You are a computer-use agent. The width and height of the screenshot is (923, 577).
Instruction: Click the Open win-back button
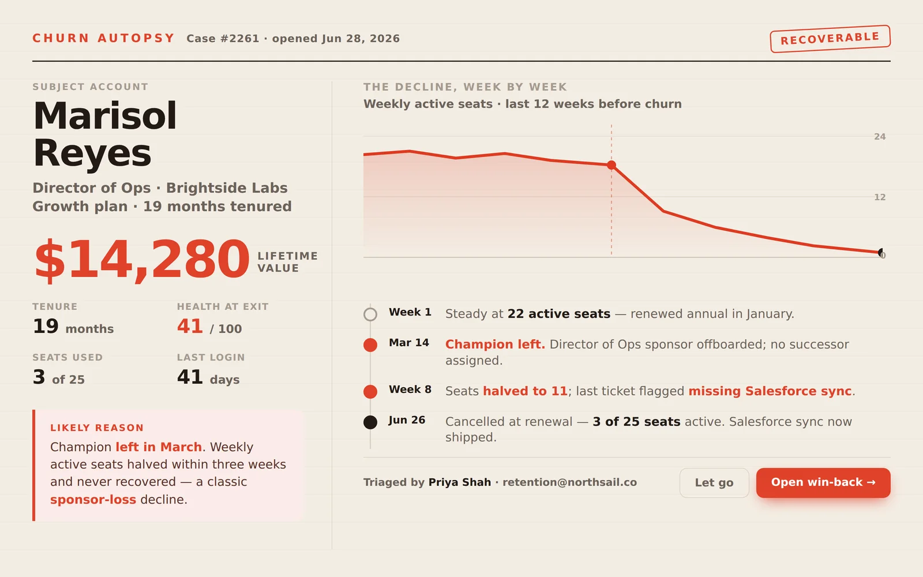[823, 482]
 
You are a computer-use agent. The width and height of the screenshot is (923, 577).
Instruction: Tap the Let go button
[714, 482]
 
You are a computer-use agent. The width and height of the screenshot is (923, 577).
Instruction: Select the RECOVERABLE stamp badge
[830, 39]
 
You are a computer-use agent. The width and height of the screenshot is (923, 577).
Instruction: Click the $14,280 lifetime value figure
[142, 260]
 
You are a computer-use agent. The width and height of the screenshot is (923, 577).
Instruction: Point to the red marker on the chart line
[611, 165]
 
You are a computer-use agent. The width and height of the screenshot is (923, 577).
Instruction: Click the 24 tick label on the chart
[880, 136]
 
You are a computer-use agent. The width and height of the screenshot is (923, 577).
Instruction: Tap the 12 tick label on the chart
[880, 197]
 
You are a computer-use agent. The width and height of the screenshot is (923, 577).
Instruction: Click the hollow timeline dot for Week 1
[370, 314]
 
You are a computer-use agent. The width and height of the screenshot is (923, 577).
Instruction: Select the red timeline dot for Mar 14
[370, 345]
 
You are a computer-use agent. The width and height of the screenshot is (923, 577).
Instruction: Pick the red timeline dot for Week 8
[370, 392]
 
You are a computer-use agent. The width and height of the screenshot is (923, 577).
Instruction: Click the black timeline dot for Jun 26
[370, 422]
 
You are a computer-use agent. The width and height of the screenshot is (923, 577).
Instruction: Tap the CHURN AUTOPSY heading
[104, 38]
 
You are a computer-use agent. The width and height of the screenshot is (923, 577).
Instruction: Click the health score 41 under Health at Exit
[190, 327]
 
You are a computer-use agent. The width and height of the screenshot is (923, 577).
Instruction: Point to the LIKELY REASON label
[97, 428]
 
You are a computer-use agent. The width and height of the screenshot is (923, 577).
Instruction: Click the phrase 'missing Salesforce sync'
[770, 391]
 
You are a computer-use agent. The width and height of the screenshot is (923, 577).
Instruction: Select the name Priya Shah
[459, 482]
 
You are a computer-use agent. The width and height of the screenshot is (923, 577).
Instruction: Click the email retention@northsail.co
[569, 482]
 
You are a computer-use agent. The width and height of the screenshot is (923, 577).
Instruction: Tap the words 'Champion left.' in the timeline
[496, 344]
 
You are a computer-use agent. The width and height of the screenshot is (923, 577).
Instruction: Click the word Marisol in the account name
[105, 115]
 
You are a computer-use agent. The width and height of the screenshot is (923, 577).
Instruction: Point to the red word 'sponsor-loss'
[93, 500]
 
